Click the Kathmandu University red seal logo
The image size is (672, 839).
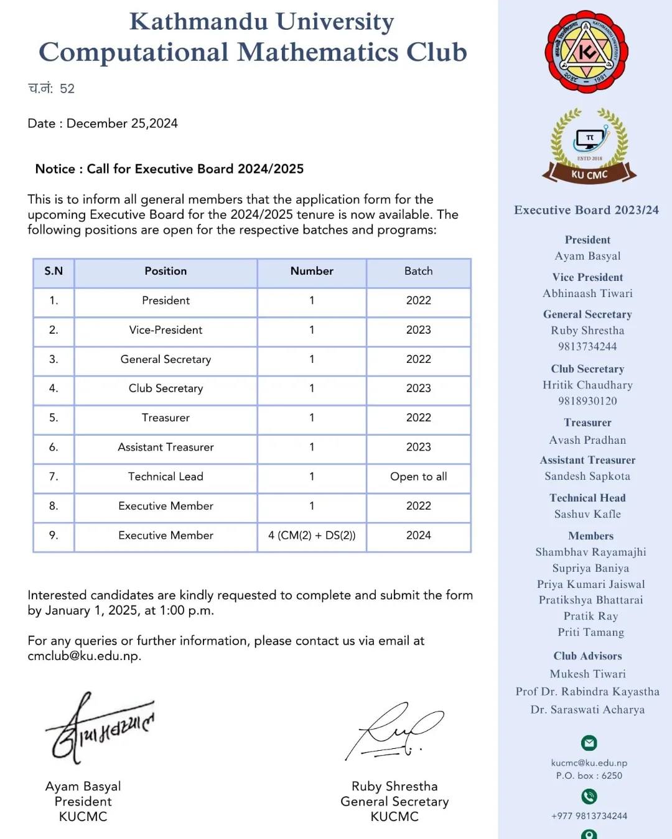pyautogui.click(x=587, y=52)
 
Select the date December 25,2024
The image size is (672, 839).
pyautogui.click(x=122, y=124)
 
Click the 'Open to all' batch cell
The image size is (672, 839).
pyautogui.click(x=418, y=477)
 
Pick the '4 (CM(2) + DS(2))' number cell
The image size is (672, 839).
pyautogui.click(x=312, y=535)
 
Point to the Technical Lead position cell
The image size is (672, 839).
pyautogui.click(x=166, y=477)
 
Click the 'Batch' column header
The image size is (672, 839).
pyautogui.click(x=418, y=271)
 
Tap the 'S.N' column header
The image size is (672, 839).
pyautogui.click(x=54, y=271)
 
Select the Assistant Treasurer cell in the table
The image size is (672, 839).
pyautogui.click(x=166, y=447)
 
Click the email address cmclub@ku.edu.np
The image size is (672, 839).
pyautogui.click(x=84, y=656)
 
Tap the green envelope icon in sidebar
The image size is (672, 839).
pyautogui.click(x=589, y=743)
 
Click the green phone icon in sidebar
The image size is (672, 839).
pyautogui.click(x=589, y=796)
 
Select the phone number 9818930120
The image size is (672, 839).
pyautogui.click(x=587, y=401)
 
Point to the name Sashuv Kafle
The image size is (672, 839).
pyautogui.click(x=587, y=514)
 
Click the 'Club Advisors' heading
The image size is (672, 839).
pyautogui.click(x=587, y=656)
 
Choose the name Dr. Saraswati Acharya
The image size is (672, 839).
pyautogui.click(x=587, y=710)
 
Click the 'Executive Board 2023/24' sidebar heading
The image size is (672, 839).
pyautogui.click(x=586, y=210)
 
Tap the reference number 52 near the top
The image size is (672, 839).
pyautogui.click(x=67, y=89)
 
